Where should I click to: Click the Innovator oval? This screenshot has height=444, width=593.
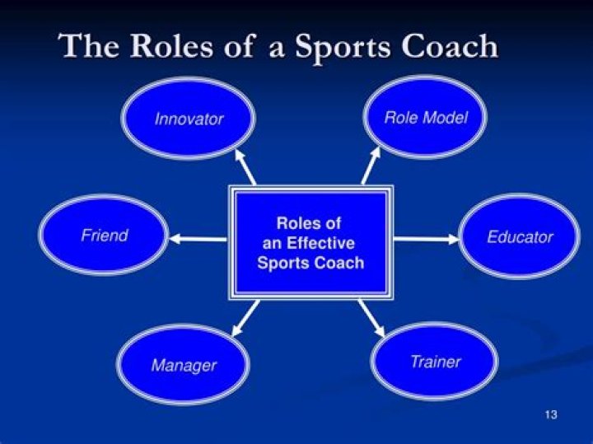tap(188, 119)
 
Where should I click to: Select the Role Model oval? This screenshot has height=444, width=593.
tap(425, 118)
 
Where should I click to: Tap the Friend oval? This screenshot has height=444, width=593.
tap(104, 236)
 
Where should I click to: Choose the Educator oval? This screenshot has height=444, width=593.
tap(520, 237)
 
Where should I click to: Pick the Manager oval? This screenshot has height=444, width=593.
tap(183, 365)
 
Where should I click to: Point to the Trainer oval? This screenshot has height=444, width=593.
tap(435, 362)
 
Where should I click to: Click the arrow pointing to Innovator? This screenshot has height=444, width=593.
tap(245, 166)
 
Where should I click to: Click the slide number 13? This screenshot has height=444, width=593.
tap(551, 414)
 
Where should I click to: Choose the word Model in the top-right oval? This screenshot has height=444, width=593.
tap(445, 118)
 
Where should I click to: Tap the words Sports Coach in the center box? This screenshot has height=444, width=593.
tap(310, 264)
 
